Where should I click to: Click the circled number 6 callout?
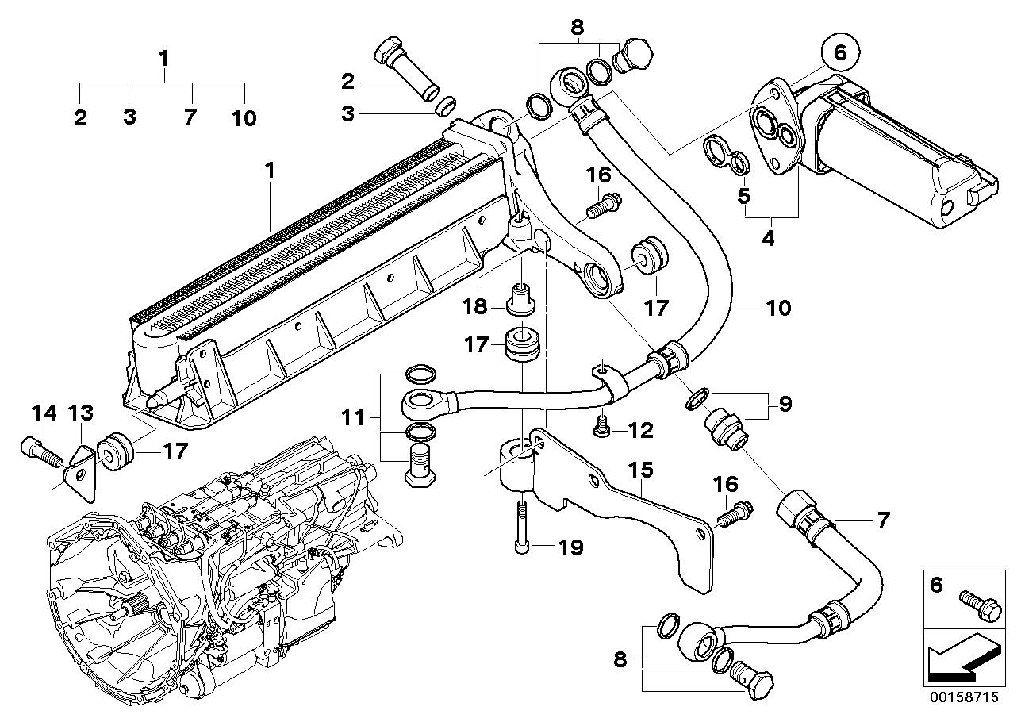click(x=840, y=53)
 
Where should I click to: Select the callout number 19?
click(x=570, y=547)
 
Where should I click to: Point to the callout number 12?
click(x=639, y=431)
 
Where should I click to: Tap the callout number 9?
click(x=784, y=405)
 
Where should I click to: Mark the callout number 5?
click(x=743, y=195)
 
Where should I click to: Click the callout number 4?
click(x=767, y=237)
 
